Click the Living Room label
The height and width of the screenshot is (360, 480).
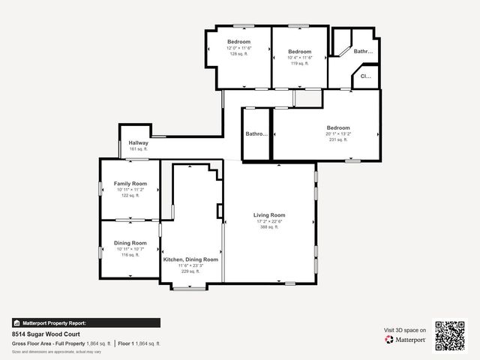[x=268, y=215]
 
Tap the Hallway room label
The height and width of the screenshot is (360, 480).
[x=138, y=142]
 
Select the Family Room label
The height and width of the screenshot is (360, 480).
[x=130, y=184]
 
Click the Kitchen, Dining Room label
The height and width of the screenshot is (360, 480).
[x=190, y=259]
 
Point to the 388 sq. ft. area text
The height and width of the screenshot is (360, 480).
[x=268, y=227]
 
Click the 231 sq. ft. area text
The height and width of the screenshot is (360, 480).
[x=337, y=139]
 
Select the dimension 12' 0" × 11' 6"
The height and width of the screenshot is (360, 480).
[x=238, y=48]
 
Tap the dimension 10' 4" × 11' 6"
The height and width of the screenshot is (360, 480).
[x=299, y=58]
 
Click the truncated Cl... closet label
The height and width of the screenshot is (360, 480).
[x=366, y=76]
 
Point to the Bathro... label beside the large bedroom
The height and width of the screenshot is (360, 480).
[x=256, y=134]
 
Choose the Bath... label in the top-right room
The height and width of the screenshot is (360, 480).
[x=364, y=52]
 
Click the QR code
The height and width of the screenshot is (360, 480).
[x=450, y=335]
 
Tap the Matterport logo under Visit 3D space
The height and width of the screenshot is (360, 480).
[x=406, y=340]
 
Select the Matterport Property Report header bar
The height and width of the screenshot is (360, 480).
[x=85, y=323]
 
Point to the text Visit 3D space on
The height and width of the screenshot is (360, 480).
[x=405, y=330]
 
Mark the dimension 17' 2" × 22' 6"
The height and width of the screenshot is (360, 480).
[x=268, y=221]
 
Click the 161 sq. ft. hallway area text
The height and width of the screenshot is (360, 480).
[x=138, y=149]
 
